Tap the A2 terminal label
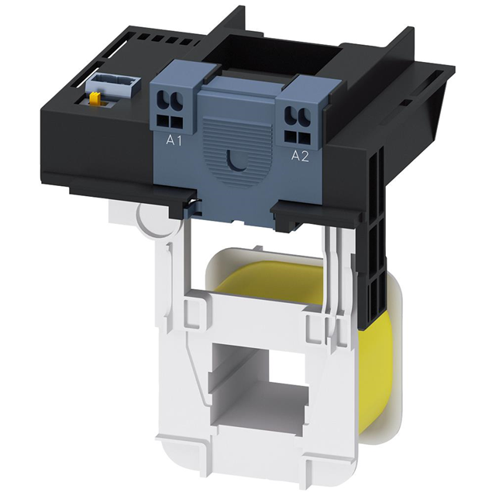pyautogui.click(x=299, y=156)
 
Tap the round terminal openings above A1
pyautogui.click(x=170, y=102)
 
